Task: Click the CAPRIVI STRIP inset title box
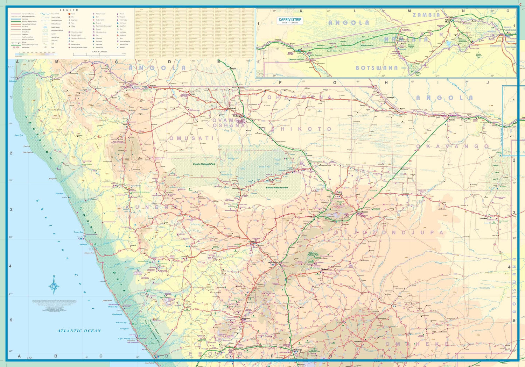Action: (290, 21)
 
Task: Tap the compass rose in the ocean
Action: (54, 286)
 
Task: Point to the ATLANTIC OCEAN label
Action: (79, 331)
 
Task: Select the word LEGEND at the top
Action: (69, 10)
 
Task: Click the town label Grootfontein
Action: (363, 212)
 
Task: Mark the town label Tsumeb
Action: (339, 194)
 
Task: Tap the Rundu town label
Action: (452, 120)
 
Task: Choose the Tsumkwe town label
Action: (483, 218)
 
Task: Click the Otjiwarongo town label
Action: (273, 262)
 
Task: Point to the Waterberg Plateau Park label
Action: (313, 254)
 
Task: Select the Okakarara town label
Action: (325, 269)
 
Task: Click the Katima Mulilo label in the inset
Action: (448, 21)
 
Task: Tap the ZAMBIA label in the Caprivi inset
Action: (426, 15)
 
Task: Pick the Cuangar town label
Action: (391, 98)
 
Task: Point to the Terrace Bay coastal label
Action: (78, 232)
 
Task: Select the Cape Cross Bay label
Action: (124, 338)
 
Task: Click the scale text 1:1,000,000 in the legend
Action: (99, 51)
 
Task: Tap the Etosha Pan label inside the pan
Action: (264, 167)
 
